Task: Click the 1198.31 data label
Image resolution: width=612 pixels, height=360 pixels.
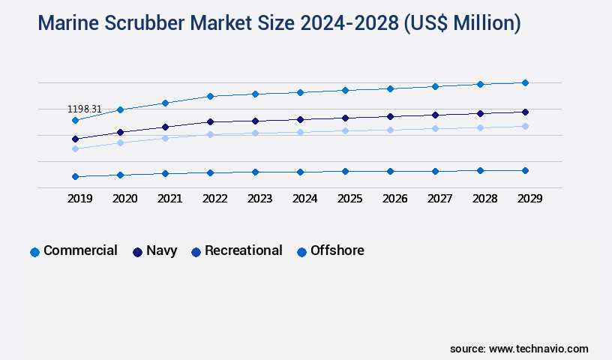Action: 85,109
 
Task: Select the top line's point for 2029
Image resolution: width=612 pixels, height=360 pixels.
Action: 525,82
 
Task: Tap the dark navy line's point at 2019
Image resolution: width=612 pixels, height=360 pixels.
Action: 75,139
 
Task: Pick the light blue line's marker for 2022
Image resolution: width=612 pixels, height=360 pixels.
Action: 210,135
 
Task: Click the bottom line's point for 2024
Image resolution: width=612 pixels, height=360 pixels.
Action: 300,172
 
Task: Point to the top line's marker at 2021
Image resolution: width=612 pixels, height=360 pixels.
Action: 165,103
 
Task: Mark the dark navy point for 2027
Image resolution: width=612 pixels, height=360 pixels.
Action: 435,115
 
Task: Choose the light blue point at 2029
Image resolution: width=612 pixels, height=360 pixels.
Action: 525,126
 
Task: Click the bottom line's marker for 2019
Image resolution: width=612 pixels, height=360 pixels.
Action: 75,176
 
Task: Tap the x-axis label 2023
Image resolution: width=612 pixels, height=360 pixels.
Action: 259,199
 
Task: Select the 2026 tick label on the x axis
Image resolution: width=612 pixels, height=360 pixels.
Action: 394,199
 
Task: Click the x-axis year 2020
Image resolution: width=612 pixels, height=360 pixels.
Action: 124,199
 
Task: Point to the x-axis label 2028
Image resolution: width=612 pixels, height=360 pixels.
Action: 484,199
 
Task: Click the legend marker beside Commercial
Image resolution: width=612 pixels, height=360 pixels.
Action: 34,252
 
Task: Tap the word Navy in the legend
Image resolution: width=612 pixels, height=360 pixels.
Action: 161,250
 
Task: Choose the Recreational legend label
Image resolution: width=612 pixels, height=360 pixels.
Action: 243,250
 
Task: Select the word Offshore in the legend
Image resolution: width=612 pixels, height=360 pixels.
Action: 337,250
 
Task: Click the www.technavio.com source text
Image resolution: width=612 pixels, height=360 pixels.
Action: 538,349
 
